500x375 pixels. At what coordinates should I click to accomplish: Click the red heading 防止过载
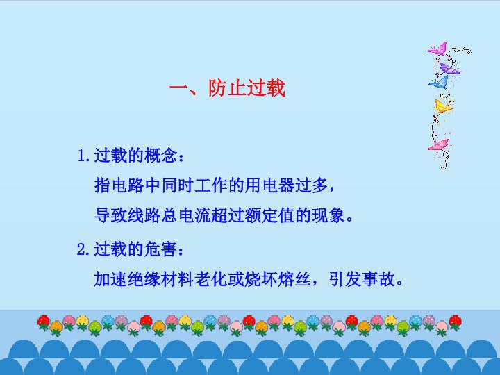click(247, 87)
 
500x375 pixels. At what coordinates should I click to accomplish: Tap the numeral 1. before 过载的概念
click(85, 156)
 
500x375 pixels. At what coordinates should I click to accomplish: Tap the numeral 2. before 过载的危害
click(84, 249)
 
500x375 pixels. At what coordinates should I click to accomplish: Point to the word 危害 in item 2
click(160, 249)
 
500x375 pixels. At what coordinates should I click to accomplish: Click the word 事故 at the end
click(379, 279)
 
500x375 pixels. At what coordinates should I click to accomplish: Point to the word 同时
click(177, 185)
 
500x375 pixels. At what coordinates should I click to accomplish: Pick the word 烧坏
click(261, 279)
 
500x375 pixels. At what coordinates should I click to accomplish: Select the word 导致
click(110, 215)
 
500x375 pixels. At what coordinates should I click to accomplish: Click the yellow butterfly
click(444, 106)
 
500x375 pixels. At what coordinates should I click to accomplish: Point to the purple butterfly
click(449, 69)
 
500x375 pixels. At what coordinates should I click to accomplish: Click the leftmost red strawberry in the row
click(43, 322)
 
